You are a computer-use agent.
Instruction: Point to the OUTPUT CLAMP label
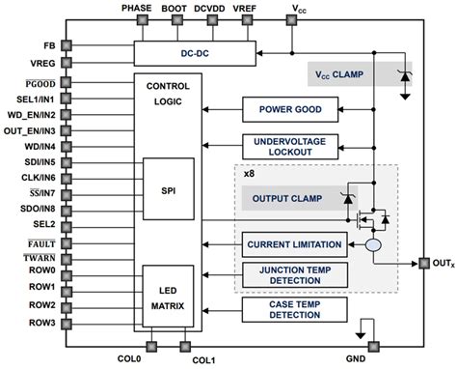pyautogui.click(x=283, y=199)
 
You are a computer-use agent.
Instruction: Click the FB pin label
pyautogui.click(x=48, y=45)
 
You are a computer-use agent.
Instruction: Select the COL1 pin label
pyautogui.click(x=203, y=360)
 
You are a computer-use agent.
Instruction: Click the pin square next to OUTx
pyautogui.click(x=422, y=262)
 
